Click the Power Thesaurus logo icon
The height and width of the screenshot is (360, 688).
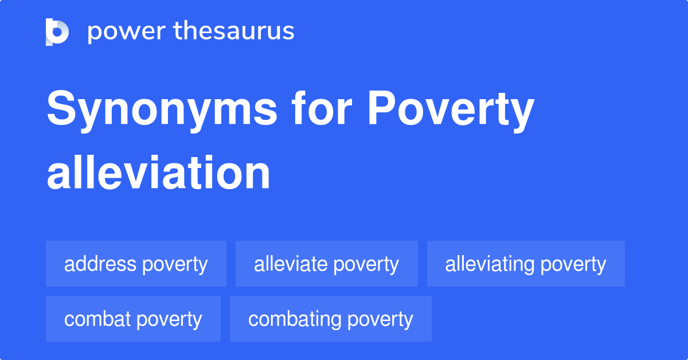pyautogui.click(x=57, y=32)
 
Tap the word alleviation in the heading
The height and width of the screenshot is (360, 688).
pyautogui.click(x=158, y=173)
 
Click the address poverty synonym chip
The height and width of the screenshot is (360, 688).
pyautogui.click(x=136, y=264)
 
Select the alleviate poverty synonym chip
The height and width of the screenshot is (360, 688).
pyautogui.click(x=326, y=264)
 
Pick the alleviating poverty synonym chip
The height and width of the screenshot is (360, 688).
pyautogui.click(x=525, y=264)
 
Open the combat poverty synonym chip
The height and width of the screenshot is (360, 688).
pyautogui.click(x=133, y=319)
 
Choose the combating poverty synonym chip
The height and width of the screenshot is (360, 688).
pyautogui.click(x=330, y=319)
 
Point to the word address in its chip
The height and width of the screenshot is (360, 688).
pyautogui.click(x=100, y=264)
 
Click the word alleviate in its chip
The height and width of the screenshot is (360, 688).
pyautogui.click(x=291, y=264)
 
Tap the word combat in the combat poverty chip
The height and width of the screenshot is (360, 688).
pyautogui.click(x=97, y=319)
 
